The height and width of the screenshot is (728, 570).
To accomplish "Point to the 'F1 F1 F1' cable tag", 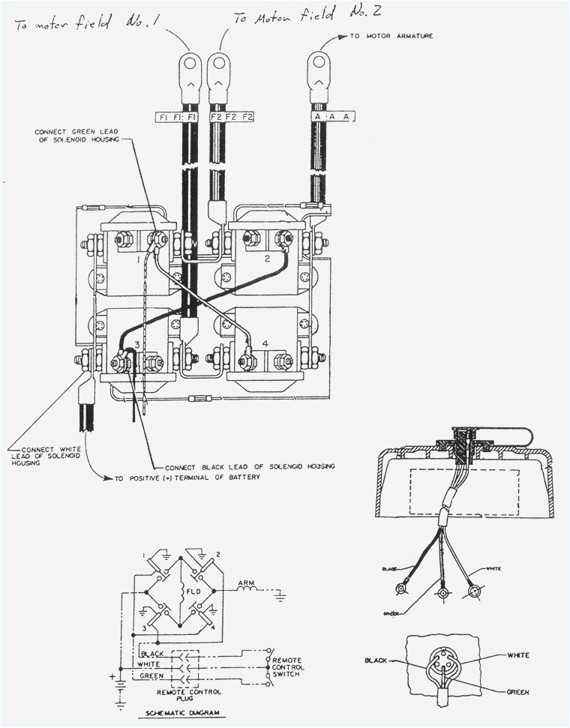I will [178, 117].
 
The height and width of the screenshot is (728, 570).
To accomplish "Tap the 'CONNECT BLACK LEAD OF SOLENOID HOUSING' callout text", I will [249, 466].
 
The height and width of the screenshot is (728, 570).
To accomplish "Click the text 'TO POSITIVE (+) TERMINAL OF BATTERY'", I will [187, 478].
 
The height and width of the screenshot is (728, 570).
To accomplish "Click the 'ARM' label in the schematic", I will [247, 581].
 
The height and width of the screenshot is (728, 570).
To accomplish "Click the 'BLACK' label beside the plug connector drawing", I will [376, 661].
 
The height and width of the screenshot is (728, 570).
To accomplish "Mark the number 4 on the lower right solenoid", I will [265, 343].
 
